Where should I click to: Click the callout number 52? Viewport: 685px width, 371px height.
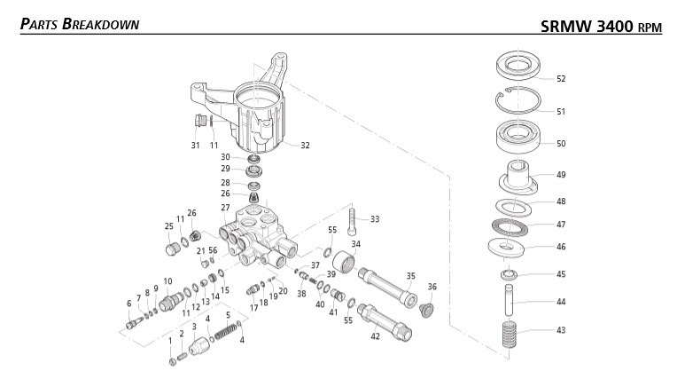[x=561, y=79]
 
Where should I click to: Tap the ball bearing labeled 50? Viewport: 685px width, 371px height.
[x=518, y=137]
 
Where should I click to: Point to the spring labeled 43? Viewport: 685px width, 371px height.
[x=510, y=335]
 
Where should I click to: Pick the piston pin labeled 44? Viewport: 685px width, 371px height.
[x=510, y=300]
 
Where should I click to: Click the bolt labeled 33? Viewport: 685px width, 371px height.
[x=352, y=221]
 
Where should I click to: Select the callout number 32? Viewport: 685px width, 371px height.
[x=305, y=146]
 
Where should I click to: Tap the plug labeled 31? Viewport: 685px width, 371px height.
[x=199, y=120]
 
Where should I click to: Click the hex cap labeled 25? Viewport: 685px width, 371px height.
[x=172, y=249]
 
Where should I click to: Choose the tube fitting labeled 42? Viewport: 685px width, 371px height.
[x=385, y=322]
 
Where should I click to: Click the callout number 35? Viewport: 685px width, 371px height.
[x=410, y=276]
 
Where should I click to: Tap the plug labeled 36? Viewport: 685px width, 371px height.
[x=425, y=310]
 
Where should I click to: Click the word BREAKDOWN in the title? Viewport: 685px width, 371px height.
[x=100, y=24]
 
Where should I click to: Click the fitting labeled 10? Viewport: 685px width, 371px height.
[x=171, y=301]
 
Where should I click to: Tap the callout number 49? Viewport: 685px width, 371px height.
[x=561, y=175]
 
